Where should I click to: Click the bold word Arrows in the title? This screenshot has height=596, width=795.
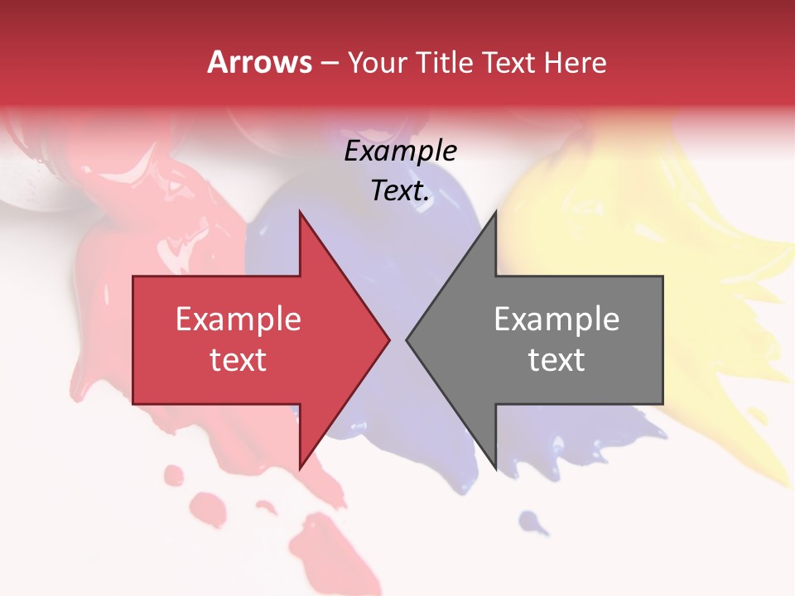[259, 62]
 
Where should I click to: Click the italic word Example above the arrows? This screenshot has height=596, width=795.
[400, 151]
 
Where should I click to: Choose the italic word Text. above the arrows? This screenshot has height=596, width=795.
[400, 191]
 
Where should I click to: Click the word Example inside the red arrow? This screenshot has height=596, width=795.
[238, 319]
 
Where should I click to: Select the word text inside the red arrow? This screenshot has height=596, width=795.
[238, 360]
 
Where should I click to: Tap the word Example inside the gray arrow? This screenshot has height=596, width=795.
[556, 319]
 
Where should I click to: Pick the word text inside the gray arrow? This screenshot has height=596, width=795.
[556, 360]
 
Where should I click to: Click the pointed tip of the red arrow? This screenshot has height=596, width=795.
[390, 339]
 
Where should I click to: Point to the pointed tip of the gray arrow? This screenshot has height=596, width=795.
[406, 339]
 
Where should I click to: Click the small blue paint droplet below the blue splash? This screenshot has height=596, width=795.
[531, 521]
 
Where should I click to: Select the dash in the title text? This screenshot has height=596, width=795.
[329, 63]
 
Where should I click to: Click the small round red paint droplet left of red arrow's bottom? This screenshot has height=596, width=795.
[174, 475]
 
